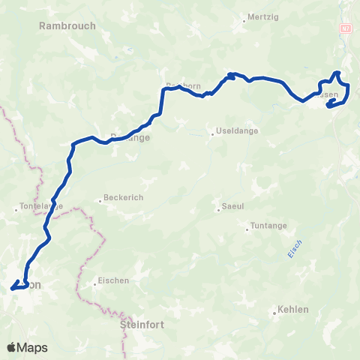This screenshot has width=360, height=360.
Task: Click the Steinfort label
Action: point(141,325)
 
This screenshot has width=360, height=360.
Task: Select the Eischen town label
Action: point(113,281)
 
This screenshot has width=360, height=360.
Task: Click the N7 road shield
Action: point(345,28)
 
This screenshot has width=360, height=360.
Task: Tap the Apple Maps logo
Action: point(27,347)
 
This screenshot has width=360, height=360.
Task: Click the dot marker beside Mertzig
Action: point(244,22)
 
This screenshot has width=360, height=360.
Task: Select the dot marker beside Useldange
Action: point(213,135)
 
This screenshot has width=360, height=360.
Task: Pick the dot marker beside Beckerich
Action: point(100,201)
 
